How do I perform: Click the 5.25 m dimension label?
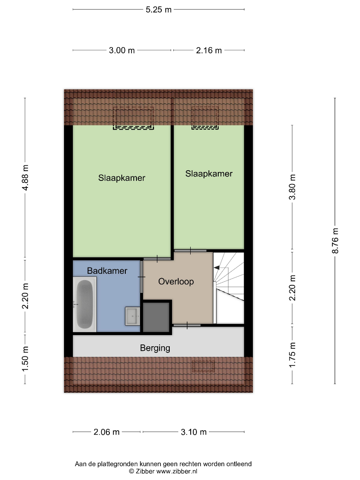pyautogui.click(x=158, y=9)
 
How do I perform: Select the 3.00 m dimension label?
pyautogui.click(x=121, y=50)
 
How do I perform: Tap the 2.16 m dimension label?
pyautogui.click(x=209, y=50)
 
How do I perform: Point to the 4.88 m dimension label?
pyautogui.click(x=25, y=177)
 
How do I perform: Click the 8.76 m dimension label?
pyautogui.click(x=335, y=240)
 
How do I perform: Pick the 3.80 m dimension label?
pyautogui.click(x=292, y=187)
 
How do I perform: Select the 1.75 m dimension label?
pyautogui.click(x=292, y=355)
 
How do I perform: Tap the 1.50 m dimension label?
pyautogui.click(x=25, y=359)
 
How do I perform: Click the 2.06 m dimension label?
pyautogui.click(x=106, y=432)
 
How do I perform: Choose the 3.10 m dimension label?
pyautogui.click(x=193, y=432)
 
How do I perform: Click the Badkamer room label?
pyautogui.click(x=107, y=271)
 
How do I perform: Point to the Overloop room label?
pyautogui.click(x=176, y=282)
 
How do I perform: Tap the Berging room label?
pyautogui.click(x=155, y=348)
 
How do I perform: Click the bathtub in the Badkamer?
pyautogui.click(x=85, y=304)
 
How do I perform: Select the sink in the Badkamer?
pyautogui.click(x=132, y=316)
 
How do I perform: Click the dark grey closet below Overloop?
pyautogui.click(x=156, y=317)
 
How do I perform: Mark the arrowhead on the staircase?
pyautogui.click(x=217, y=268)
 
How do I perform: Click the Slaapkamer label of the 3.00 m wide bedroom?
pyautogui.click(x=121, y=178)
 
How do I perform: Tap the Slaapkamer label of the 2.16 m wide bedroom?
pyautogui.click(x=209, y=174)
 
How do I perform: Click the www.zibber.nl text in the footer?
pyautogui.click(x=176, y=472)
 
